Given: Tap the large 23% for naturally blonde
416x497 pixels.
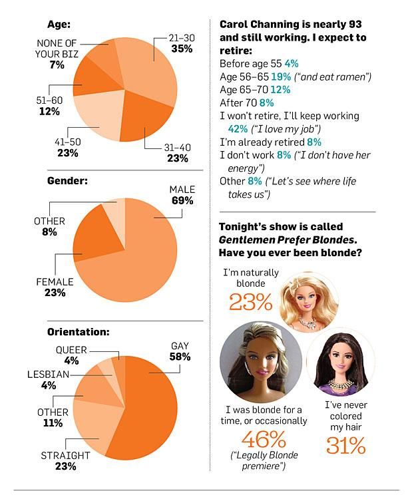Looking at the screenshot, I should [251, 301].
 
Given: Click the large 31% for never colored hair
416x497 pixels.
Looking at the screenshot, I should [345, 445].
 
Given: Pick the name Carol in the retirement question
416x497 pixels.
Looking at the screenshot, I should [234, 24].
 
